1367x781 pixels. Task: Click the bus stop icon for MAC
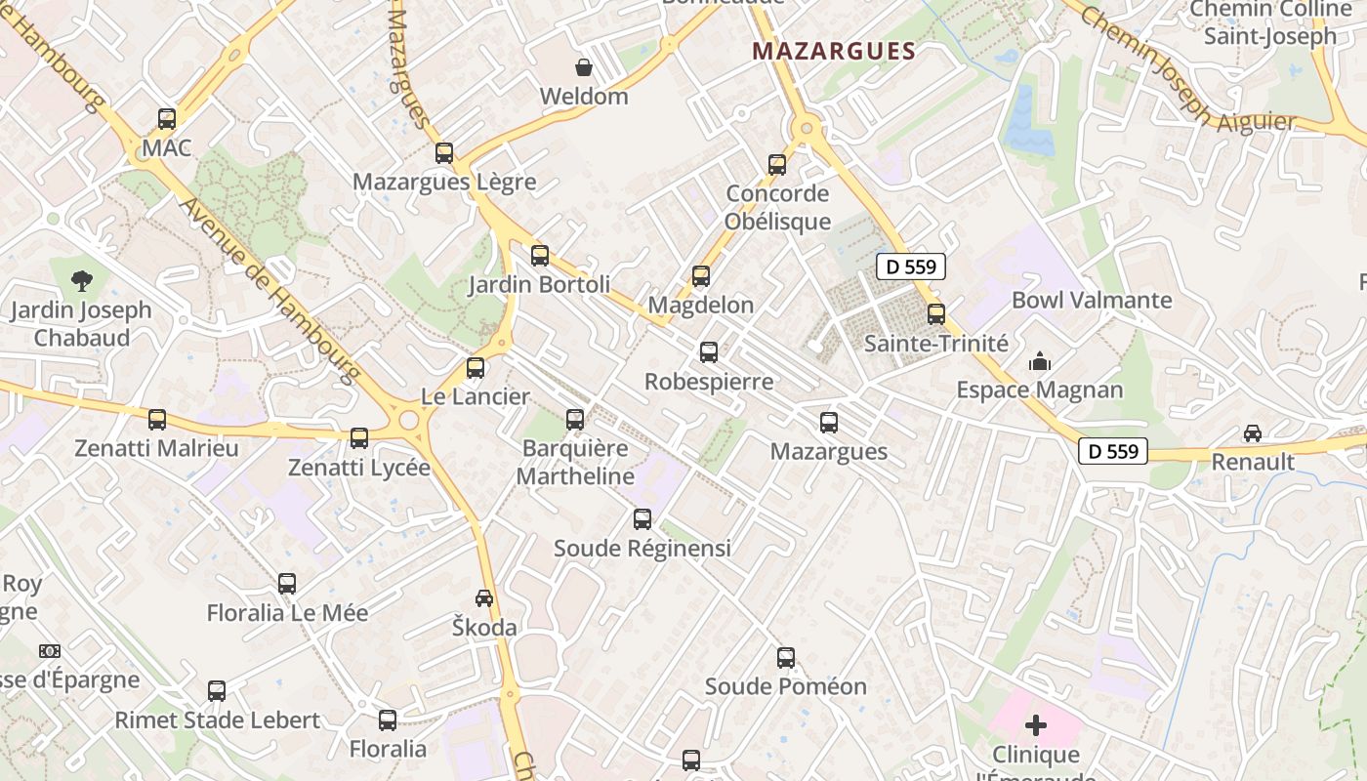pos(167,119)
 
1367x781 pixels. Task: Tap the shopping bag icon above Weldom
pos(584,67)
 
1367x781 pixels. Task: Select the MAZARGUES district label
pos(833,52)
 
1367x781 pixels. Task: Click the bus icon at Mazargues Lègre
pos(444,152)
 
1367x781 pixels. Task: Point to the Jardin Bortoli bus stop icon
pos(540,256)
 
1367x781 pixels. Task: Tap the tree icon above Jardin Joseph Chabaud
pos(82,281)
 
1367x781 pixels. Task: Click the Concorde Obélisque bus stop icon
pos(777,165)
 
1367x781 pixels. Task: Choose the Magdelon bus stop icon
pos(701,276)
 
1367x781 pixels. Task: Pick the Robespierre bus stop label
pos(709,382)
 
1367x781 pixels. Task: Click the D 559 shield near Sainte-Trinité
pos(911,267)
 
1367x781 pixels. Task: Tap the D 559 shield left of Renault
pos(1113,451)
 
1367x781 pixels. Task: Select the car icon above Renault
pos(1253,432)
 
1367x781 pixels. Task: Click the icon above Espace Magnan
pos(1039,362)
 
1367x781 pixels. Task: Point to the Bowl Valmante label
pos(1092,300)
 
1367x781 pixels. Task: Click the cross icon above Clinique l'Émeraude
pos(1036,725)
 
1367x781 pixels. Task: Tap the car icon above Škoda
pos(484,597)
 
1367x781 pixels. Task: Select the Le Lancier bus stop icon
pos(476,368)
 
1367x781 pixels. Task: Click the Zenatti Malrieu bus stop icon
pos(157,420)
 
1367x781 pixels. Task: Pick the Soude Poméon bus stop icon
pos(786,658)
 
